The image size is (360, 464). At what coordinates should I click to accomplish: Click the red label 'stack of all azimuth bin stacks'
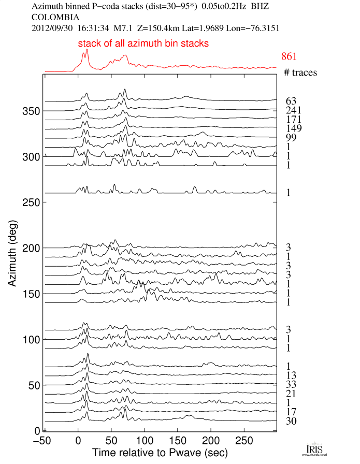coord(143,44)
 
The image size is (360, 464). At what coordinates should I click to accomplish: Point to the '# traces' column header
coord(300,72)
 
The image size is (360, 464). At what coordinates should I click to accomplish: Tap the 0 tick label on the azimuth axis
coord(37,430)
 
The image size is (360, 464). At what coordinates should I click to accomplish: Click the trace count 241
coord(294,110)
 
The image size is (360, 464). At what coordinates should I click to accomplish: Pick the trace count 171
coord(294,119)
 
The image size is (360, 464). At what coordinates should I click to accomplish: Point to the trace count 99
coord(291,137)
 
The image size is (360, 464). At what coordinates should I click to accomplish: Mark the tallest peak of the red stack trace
coord(87,50)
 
